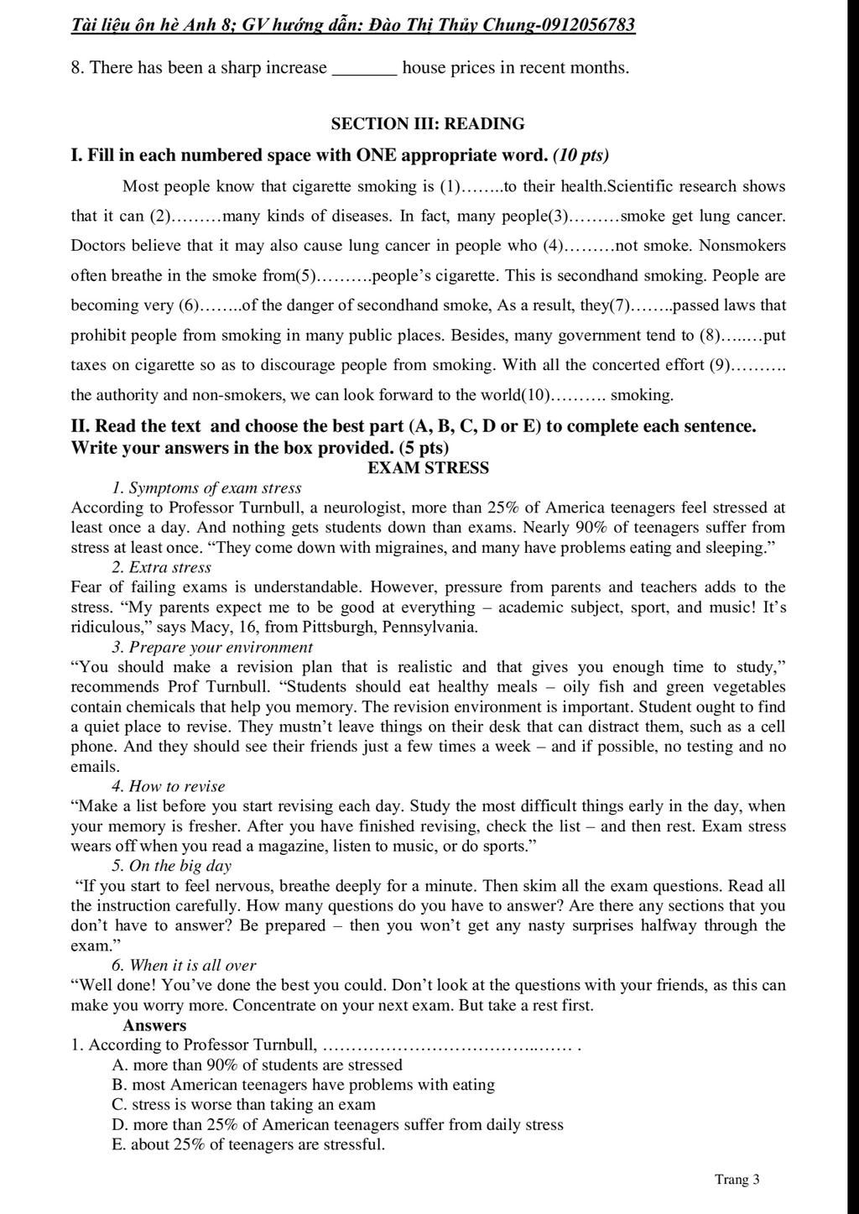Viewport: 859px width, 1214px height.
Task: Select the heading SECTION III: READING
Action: coord(428,124)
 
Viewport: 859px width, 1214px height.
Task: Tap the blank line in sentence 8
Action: coord(365,69)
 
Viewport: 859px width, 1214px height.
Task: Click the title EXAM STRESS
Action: coord(428,468)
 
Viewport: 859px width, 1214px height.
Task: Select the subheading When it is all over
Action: coord(184,966)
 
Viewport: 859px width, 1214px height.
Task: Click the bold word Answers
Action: coord(154,1025)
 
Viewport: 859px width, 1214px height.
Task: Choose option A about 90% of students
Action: coord(257,1066)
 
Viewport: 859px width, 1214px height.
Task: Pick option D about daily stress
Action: coord(337,1125)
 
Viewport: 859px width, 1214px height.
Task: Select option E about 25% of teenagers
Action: coord(248,1145)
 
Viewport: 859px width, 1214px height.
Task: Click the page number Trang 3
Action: coord(737,1180)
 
